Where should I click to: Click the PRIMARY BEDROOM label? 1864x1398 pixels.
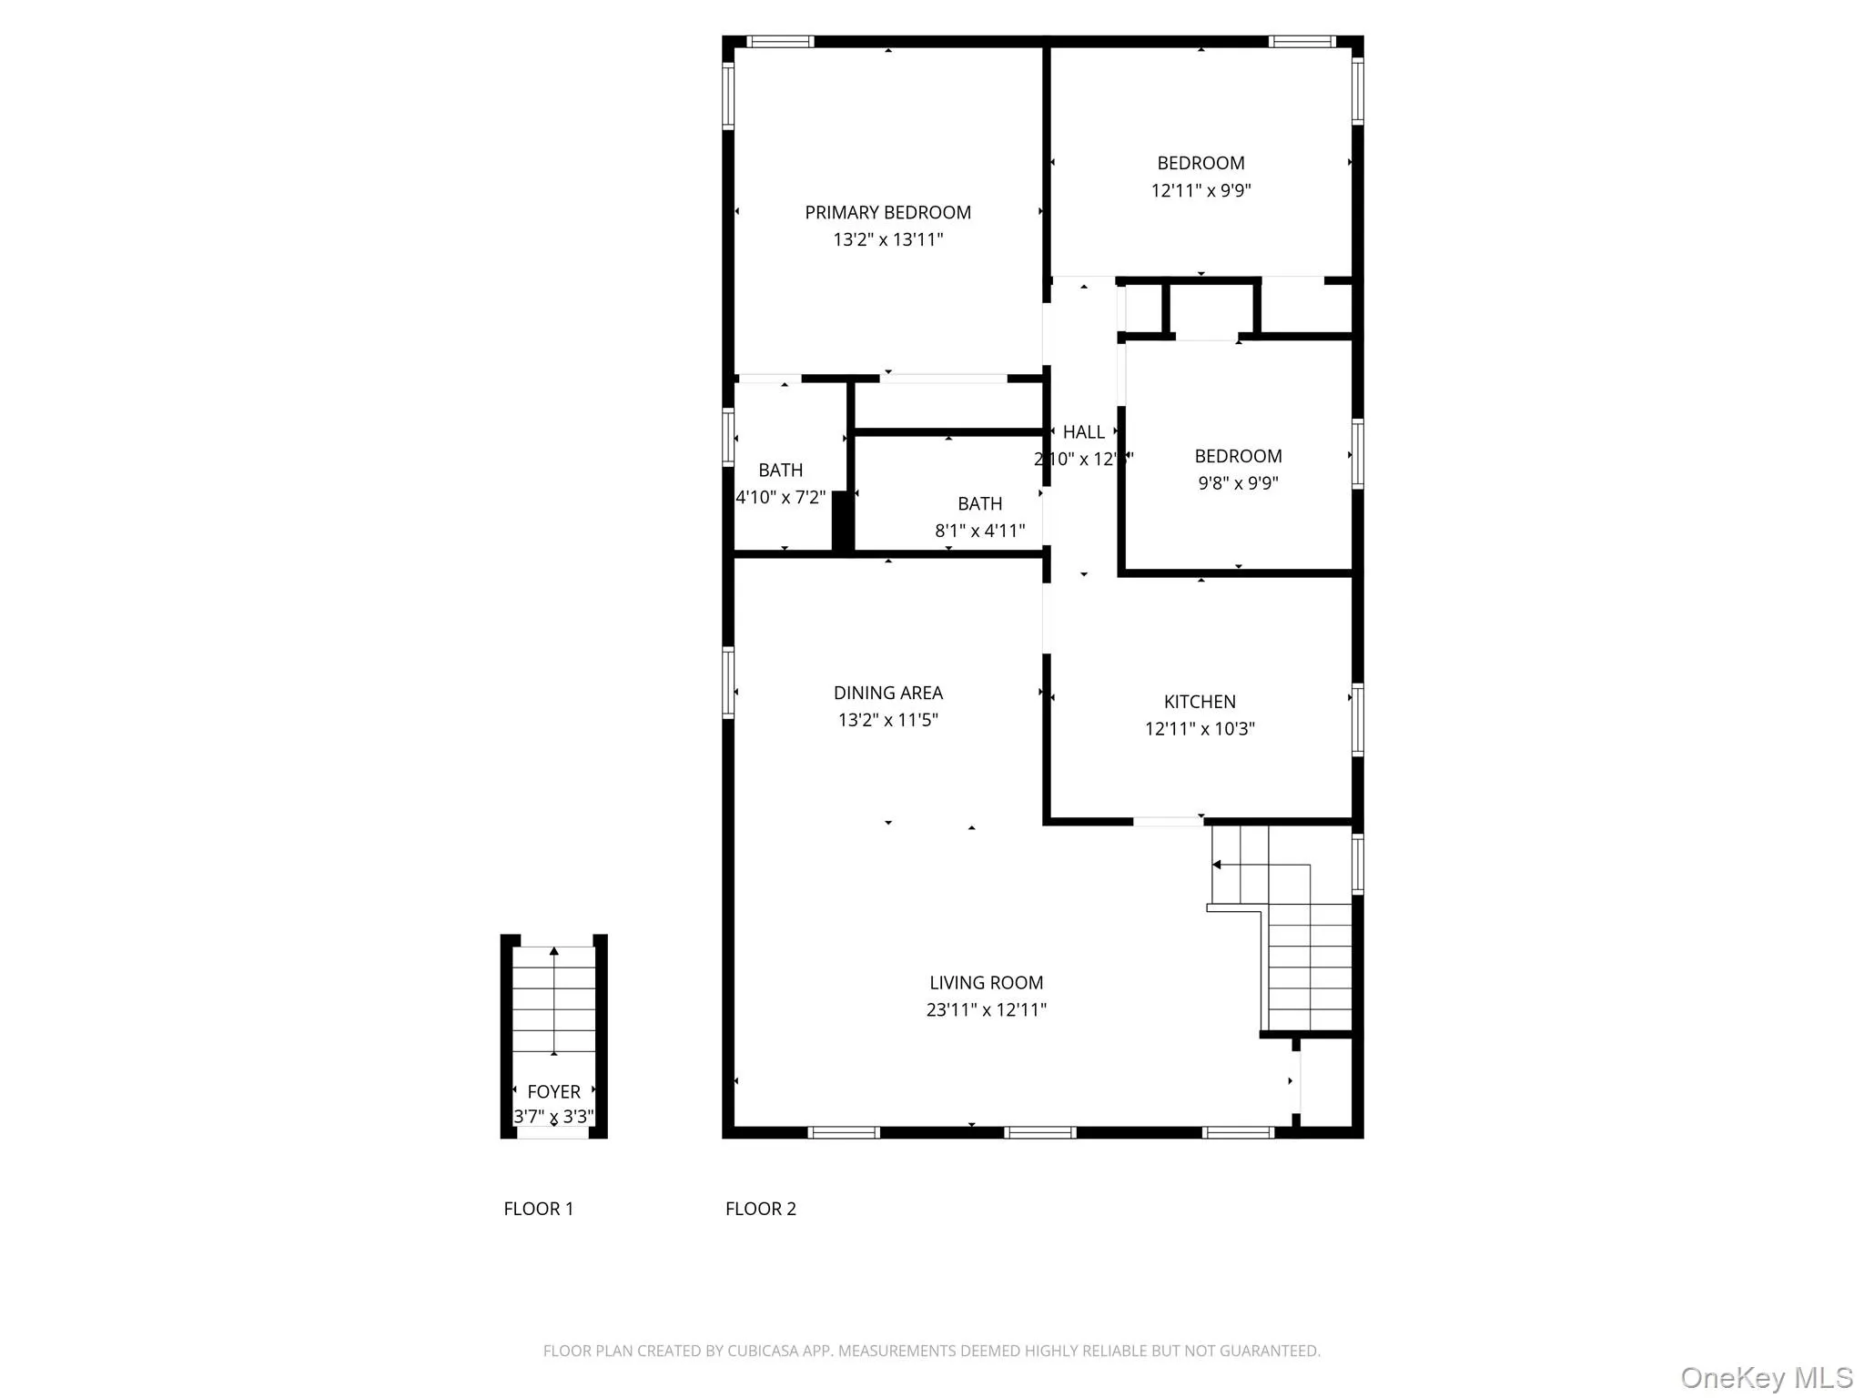pyautogui.click(x=887, y=212)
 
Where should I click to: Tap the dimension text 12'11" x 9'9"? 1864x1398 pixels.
pyautogui.click(x=1200, y=190)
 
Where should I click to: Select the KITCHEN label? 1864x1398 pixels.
pyautogui.click(x=1200, y=701)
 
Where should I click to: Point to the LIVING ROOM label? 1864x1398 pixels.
pyautogui.click(x=986, y=982)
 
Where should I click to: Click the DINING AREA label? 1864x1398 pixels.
pyautogui.click(x=887, y=693)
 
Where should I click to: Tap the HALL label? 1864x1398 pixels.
pyautogui.click(x=1083, y=432)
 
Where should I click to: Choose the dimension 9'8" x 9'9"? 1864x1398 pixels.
pyautogui.click(x=1238, y=483)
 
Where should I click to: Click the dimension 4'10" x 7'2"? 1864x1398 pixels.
pyautogui.click(x=780, y=497)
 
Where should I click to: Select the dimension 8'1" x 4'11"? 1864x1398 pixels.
pyautogui.click(x=979, y=531)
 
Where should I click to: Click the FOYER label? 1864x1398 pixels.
pyautogui.click(x=553, y=1091)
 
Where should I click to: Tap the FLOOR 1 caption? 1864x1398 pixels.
pyautogui.click(x=539, y=1209)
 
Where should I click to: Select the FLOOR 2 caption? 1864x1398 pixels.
pyautogui.click(x=760, y=1209)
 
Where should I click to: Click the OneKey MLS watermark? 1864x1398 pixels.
pyautogui.click(x=1766, y=1377)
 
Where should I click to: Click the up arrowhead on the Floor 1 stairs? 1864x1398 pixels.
pyautogui.click(x=554, y=951)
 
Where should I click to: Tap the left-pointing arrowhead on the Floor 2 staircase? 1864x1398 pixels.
pyautogui.click(x=1217, y=865)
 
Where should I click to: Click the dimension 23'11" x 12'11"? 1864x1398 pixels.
pyautogui.click(x=986, y=1009)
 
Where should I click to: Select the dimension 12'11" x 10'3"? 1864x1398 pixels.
pyautogui.click(x=1200, y=728)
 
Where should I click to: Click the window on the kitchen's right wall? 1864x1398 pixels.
pyautogui.click(x=1357, y=719)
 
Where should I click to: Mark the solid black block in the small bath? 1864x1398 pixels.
pyautogui.click(x=843, y=521)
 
